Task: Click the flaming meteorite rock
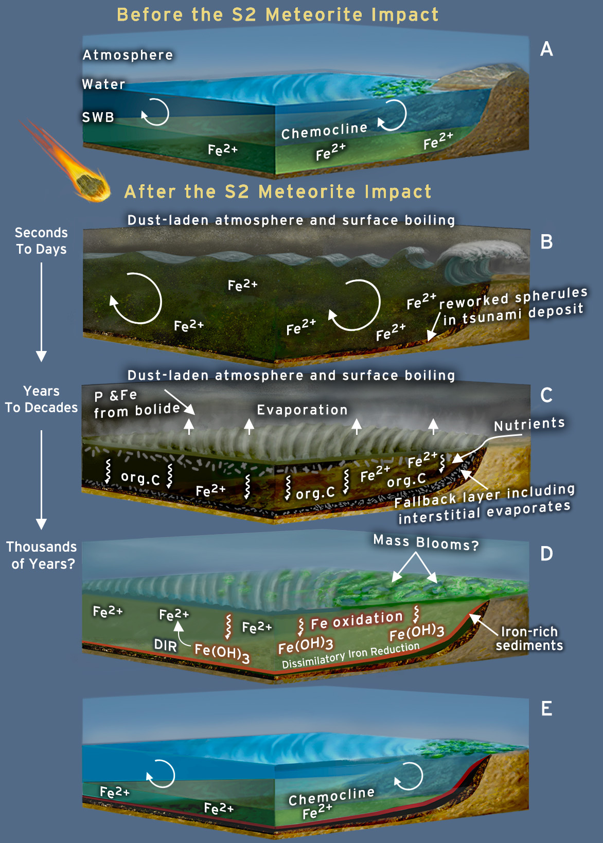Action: (92, 185)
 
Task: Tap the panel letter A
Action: (546, 49)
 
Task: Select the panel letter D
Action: (546, 554)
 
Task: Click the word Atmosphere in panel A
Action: (128, 55)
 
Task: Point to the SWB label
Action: (98, 117)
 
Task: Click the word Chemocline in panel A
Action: (324, 131)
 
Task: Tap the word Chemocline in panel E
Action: (331, 796)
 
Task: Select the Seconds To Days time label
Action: (41, 241)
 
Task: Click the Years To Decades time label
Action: (41, 399)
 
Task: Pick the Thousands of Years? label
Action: (42, 555)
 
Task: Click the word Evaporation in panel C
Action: (302, 410)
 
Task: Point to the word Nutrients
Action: (529, 424)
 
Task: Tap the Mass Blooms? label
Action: (425, 542)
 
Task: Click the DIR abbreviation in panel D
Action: (165, 645)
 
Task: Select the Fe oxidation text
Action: (357, 621)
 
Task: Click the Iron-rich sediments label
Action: (529, 639)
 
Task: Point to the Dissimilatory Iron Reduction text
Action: (350, 656)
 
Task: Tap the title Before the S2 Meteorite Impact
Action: (278, 14)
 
